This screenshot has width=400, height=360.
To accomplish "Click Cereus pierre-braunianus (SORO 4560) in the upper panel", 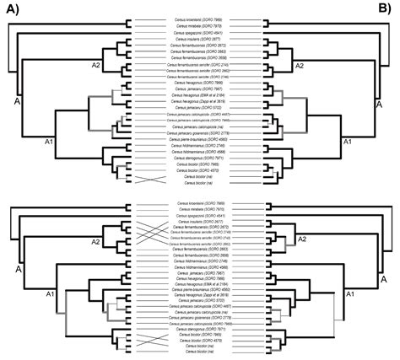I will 199,139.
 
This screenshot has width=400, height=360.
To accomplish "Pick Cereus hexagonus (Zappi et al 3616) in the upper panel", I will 199,100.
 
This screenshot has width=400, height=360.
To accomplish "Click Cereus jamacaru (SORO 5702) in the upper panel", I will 199,108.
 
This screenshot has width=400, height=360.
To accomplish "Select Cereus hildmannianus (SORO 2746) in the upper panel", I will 199,146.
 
